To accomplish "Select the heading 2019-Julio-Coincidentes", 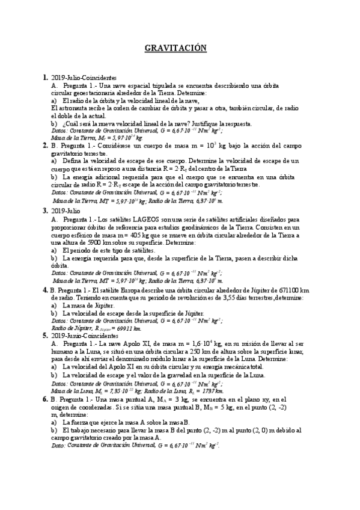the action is coord(84,78).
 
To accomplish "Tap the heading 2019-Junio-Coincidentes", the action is coord(84,336).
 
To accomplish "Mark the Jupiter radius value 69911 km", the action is coord(130,328).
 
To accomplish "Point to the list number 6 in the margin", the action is coord(46,399).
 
